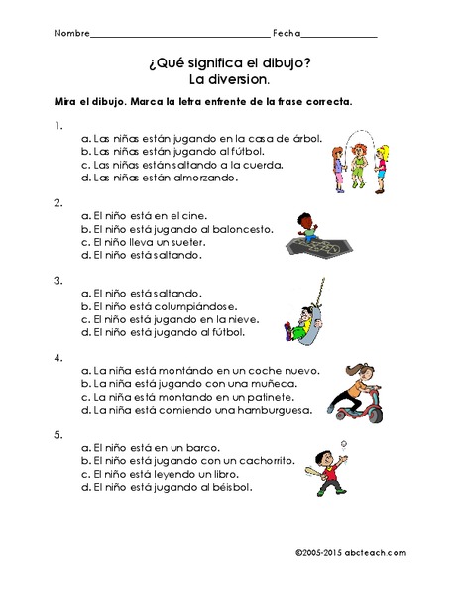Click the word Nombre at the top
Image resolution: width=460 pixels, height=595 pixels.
(x=70, y=33)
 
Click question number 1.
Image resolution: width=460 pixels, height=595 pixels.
(x=59, y=125)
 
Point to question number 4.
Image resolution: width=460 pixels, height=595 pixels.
(x=59, y=357)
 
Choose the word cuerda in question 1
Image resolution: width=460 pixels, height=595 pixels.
(x=266, y=165)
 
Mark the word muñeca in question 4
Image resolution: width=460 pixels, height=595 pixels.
(x=271, y=383)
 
